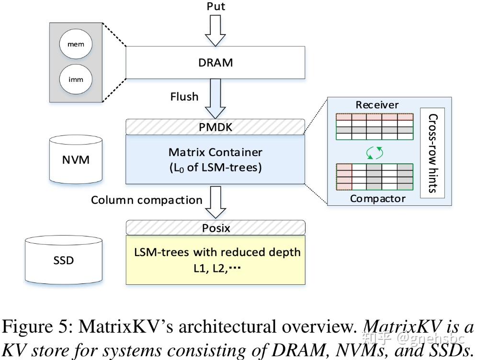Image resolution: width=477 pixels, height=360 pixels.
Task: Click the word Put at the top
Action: pyautogui.click(x=215, y=7)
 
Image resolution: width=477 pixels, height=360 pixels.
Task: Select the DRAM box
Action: pyautogui.click(x=215, y=63)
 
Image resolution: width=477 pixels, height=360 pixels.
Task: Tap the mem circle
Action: pyautogui.click(x=76, y=45)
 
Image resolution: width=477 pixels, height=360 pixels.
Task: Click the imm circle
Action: pyautogui.click(x=76, y=79)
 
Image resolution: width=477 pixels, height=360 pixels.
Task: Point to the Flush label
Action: pyautogui.click(x=184, y=97)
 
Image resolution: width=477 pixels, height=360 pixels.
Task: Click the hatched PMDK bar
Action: pyautogui.click(x=215, y=127)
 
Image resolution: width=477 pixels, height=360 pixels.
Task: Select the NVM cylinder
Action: pyautogui.click(x=76, y=159)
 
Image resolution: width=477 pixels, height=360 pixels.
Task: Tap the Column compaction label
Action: pyautogui.click(x=147, y=200)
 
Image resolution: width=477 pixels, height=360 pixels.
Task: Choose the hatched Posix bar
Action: pyautogui.click(x=215, y=228)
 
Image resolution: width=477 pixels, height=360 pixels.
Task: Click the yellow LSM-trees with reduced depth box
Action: pyautogui.click(x=215, y=260)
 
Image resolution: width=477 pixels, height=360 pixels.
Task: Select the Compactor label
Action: pyautogui.click(x=378, y=199)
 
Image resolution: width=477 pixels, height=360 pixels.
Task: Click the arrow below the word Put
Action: pyautogui.click(x=215, y=30)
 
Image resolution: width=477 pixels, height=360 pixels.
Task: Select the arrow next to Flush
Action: pyautogui.click(x=215, y=99)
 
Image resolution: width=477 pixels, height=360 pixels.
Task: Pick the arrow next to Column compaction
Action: pyautogui.click(x=215, y=202)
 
